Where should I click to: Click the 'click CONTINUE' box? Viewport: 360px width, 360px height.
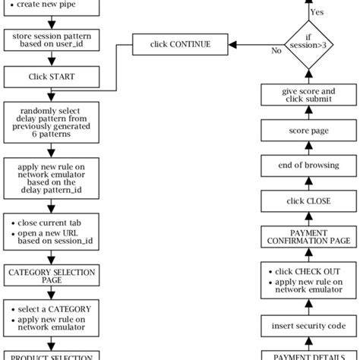[x=180, y=44]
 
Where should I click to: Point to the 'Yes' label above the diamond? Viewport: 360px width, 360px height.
[x=317, y=12]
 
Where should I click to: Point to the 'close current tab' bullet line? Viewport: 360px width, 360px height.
[x=53, y=222]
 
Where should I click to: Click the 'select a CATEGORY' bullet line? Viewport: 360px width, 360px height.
[x=55, y=309]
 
